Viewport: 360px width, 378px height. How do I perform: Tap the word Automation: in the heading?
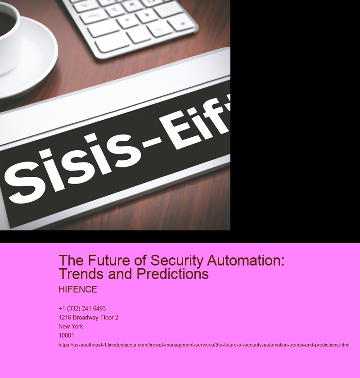[x=246, y=261]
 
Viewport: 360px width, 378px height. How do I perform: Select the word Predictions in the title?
[x=173, y=274]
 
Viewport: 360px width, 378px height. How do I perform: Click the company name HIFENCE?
[x=78, y=289]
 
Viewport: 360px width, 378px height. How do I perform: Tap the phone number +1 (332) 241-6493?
[x=82, y=309]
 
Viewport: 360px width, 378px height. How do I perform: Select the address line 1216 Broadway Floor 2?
[x=89, y=318]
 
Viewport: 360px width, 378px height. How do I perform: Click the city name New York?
[x=71, y=326]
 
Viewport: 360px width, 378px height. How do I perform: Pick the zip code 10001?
[x=66, y=335]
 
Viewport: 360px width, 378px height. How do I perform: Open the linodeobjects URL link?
[x=204, y=345]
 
